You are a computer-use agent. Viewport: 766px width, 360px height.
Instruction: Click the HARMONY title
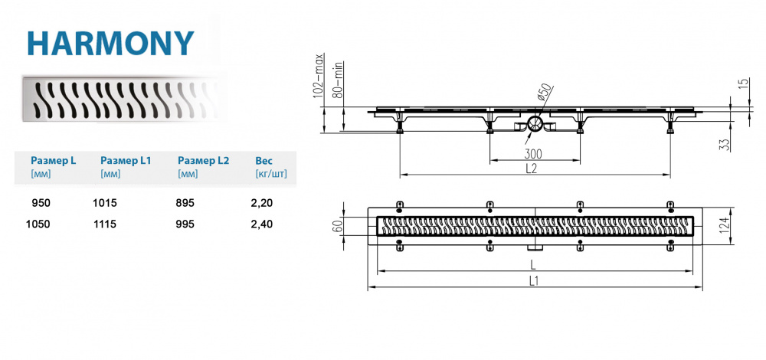pyautogui.click(x=111, y=44)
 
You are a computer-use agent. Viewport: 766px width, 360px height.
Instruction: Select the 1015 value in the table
pyautogui.click(x=104, y=203)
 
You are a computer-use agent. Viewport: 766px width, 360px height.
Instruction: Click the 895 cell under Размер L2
pyautogui.click(x=186, y=203)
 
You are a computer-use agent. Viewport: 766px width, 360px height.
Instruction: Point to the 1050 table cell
pyautogui.click(x=38, y=224)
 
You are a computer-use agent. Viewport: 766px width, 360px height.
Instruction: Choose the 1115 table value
pyautogui.click(x=104, y=224)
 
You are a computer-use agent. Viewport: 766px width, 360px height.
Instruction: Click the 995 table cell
pyautogui.click(x=186, y=224)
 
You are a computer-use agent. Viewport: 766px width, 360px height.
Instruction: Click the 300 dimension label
pyautogui.click(x=533, y=154)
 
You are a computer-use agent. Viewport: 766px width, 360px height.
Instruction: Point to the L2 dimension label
pyautogui.click(x=532, y=169)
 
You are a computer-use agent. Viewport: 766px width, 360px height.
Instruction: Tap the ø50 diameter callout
pyautogui.click(x=545, y=93)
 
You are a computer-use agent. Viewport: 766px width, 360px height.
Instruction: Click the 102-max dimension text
pyautogui.click(x=320, y=76)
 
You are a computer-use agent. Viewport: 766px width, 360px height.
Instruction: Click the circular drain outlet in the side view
pyautogui.click(x=535, y=123)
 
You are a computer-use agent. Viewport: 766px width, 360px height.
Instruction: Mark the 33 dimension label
pyautogui.click(x=725, y=144)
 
